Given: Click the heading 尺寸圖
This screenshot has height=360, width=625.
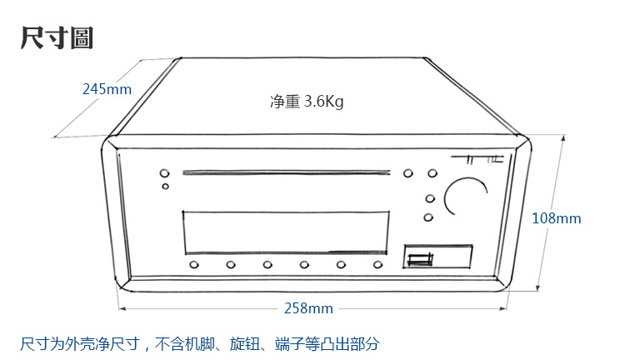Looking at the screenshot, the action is [57, 37].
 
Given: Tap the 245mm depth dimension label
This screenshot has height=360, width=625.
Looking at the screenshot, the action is [107, 88].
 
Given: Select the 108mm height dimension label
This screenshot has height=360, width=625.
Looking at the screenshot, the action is [556, 218].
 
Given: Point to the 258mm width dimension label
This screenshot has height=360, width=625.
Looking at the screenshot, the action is [308, 308].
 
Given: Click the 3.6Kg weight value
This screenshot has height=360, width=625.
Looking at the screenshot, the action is [324, 102].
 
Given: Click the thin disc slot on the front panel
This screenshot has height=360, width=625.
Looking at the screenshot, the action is [286, 174].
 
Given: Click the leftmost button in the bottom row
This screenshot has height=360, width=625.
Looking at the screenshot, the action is [193, 265].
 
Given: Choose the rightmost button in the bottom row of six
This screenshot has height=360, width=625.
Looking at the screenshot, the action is [377, 265].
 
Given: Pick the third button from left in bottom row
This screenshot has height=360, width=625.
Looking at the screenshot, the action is [267, 265].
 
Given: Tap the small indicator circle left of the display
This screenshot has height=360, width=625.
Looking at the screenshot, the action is [165, 187].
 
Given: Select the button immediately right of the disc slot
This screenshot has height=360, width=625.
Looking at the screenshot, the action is [407, 174].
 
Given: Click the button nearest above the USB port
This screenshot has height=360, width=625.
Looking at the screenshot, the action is [428, 217].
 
